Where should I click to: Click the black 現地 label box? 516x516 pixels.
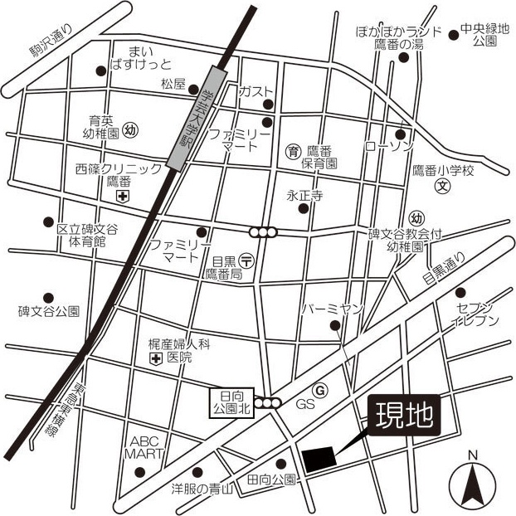tap(404, 415)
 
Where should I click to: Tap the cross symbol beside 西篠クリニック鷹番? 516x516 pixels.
tap(123, 196)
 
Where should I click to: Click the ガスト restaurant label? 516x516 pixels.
tap(255, 90)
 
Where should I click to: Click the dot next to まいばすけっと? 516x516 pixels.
tap(100, 71)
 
